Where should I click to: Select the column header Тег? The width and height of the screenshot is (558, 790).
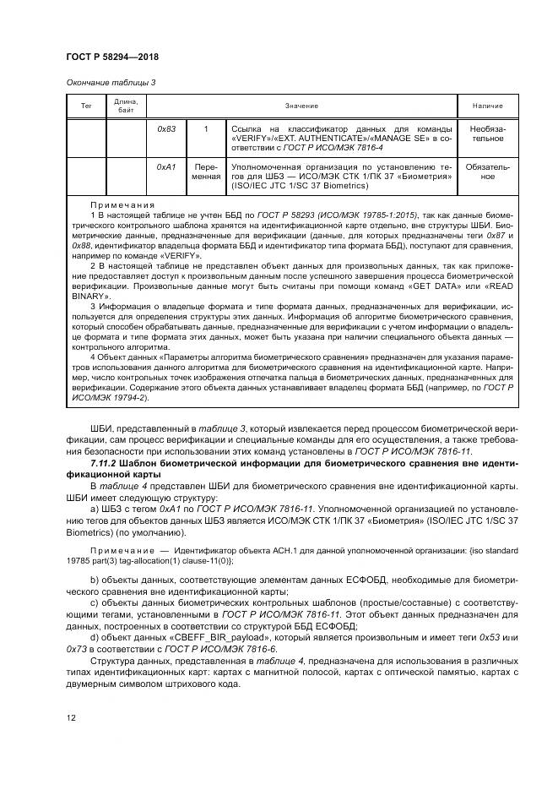click(x=85, y=106)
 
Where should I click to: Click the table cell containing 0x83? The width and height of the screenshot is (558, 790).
click(x=166, y=128)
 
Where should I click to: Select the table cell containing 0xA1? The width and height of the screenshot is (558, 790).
click(x=166, y=167)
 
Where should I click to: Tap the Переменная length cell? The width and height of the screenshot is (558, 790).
click(x=205, y=172)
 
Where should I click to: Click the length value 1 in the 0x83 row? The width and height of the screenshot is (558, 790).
click(x=205, y=128)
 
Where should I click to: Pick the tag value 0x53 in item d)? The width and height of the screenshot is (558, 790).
click(x=490, y=639)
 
